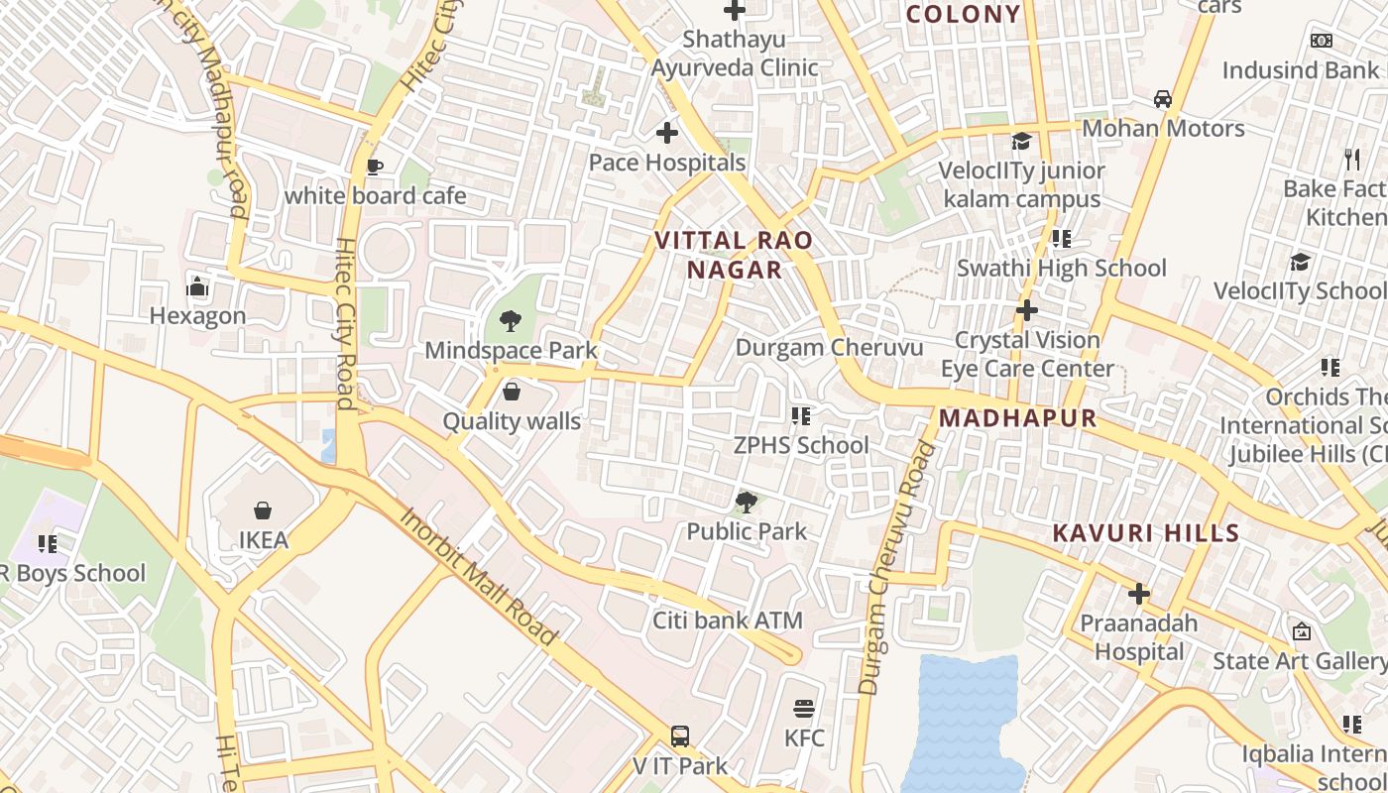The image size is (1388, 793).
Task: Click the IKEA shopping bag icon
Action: coord(263,510)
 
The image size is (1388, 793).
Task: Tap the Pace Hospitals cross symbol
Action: coord(667,132)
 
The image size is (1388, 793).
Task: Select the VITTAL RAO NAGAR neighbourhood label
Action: coord(734,255)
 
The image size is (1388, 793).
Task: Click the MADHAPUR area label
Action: coord(1017,418)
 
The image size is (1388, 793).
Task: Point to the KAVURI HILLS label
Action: coord(1145,532)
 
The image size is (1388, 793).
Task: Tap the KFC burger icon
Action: coord(804,709)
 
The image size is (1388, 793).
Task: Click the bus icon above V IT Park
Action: coord(680,736)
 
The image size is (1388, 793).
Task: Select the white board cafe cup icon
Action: coord(374,167)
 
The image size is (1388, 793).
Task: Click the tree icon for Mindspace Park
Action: coord(511,320)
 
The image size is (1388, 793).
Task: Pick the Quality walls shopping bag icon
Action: coord(512,392)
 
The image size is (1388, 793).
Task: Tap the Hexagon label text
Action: coord(197,316)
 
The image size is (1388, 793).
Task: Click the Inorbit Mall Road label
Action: coord(478,577)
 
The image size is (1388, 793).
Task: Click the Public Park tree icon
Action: coord(747,503)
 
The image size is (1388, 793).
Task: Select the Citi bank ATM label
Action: coord(727,621)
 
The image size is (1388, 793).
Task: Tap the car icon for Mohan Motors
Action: coord(1162,99)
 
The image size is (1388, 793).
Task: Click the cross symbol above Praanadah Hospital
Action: coord(1139,594)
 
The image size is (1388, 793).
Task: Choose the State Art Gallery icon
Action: coord(1301,631)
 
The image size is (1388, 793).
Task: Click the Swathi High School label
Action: coord(1061,268)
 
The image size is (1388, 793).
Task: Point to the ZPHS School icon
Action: coord(800,416)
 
